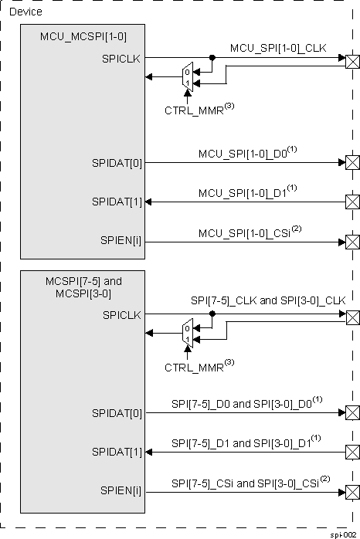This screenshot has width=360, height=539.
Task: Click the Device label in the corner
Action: click(x=26, y=12)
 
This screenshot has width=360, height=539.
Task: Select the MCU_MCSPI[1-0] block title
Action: click(x=74, y=38)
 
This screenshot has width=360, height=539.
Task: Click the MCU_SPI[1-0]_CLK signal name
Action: click(x=278, y=49)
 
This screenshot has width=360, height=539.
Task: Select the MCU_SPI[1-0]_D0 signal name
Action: click(x=247, y=153)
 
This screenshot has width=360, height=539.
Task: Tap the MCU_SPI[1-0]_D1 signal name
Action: click(x=247, y=192)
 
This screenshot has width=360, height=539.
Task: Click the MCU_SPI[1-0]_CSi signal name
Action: click(x=248, y=232)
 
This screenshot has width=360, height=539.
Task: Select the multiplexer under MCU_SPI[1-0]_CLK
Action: click(x=187, y=76)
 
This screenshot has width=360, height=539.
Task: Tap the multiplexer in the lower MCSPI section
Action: click(x=187, y=333)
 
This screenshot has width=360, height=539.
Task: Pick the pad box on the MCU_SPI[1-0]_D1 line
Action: click(x=352, y=202)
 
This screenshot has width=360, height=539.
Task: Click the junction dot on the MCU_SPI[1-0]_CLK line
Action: click(x=212, y=57)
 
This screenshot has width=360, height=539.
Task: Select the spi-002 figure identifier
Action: click(x=344, y=534)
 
